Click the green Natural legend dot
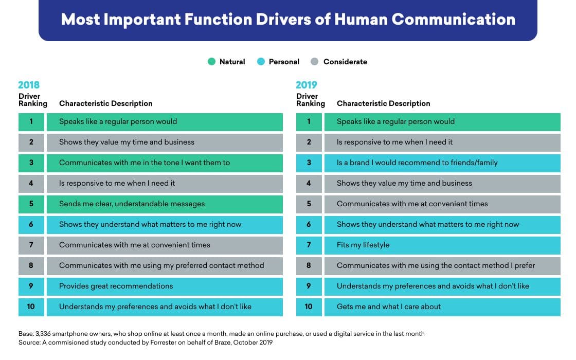(211, 62)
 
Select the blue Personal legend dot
(261, 62)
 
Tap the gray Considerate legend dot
(315, 62)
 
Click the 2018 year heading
(29, 85)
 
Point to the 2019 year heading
(307, 85)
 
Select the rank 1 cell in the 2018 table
(31, 122)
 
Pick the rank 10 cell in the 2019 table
(309, 307)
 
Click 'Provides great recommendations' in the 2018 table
(116, 286)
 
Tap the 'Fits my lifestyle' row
(363, 245)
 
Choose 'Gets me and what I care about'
(389, 307)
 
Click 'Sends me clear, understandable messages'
(132, 204)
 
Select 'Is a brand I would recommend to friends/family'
(417, 163)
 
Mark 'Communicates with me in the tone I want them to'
(145, 163)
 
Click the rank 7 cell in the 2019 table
(309, 245)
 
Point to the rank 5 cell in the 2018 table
(31, 204)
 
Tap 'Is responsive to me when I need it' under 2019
(395, 142)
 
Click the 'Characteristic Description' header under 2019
(384, 103)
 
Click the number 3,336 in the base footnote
(45, 334)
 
